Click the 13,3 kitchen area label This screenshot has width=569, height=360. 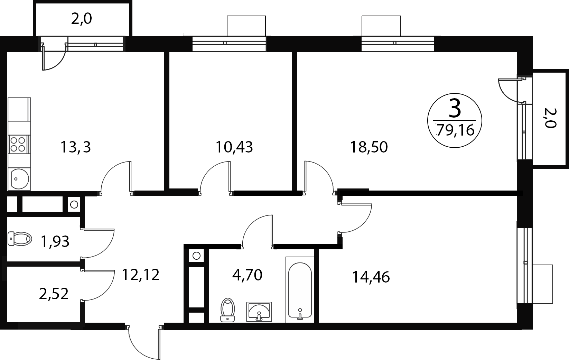(76, 147)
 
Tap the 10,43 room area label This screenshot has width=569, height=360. (234, 147)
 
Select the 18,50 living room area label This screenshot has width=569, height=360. (369, 147)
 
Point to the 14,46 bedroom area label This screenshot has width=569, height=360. (371, 277)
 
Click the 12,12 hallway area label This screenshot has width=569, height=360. (141, 275)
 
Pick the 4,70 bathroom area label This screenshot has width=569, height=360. (247, 275)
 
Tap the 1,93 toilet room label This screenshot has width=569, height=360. (55, 242)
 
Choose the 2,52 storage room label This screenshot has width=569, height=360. (54, 294)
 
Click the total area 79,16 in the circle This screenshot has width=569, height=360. (455, 131)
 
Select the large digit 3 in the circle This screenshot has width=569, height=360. (455, 109)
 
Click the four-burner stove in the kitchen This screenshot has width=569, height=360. (19, 144)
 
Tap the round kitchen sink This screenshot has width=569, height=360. (19, 179)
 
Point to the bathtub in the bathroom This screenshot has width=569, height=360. (300, 290)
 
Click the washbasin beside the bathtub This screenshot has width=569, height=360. (259, 312)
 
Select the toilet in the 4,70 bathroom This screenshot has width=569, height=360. (227, 310)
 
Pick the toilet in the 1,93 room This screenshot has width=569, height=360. (20, 239)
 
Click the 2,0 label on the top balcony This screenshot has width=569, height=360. (81, 19)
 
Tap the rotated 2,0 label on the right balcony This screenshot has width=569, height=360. (550, 118)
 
